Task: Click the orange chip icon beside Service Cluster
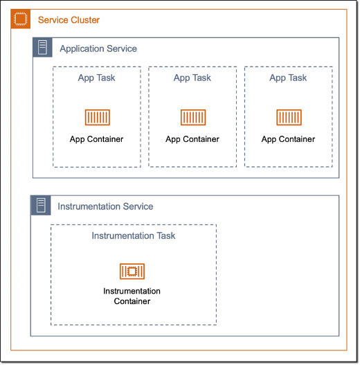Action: click(x=21, y=20)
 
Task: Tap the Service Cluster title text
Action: click(x=69, y=20)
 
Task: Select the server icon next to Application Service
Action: click(x=43, y=48)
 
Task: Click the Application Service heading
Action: click(x=98, y=48)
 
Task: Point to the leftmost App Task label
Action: click(x=96, y=78)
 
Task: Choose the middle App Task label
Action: click(x=192, y=78)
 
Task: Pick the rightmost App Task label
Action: click(x=288, y=78)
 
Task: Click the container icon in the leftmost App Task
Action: click(x=97, y=117)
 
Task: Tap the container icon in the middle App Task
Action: click(x=192, y=117)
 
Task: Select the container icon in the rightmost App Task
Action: click(x=288, y=117)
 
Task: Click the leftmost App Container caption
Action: click(x=96, y=139)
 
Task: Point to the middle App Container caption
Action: click(x=192, y=139)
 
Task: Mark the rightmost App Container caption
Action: click(x=288, y=139)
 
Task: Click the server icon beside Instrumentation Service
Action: click(x=41, y=206)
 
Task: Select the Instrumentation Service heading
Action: click(x=105, y=206)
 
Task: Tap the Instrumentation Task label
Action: click(x=134, y=236)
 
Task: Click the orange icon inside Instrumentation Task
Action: click(x=132, y=271)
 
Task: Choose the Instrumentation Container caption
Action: click(x=132, y=296)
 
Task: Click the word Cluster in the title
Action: click(x=84, y=20)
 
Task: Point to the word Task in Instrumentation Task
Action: click(x=165, y=236)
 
